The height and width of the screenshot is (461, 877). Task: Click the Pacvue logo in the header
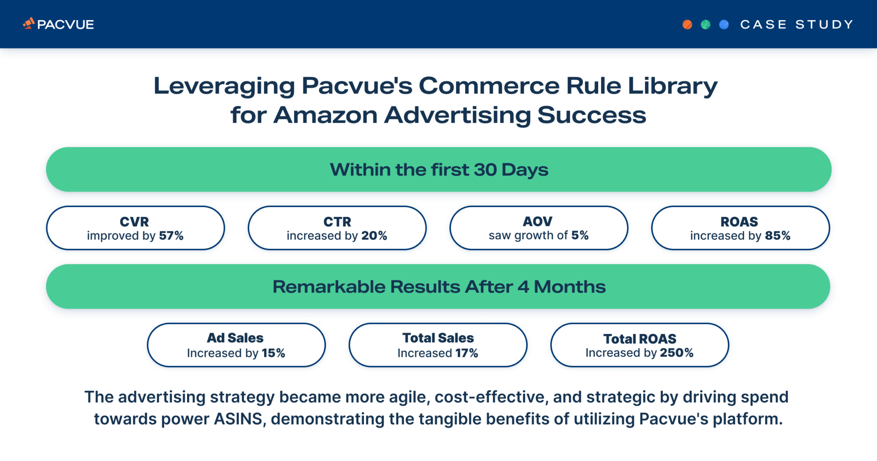click(x=58, y=24)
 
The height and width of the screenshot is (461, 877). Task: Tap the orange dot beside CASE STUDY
click(x=687, y=24)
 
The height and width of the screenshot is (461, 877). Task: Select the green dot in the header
click(x=706, y=24)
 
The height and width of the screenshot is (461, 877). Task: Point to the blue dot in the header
click(x=724, y=24)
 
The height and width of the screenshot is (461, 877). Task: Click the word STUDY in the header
click(x=824, y=24)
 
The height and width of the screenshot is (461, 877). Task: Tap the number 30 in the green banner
click(x=485, y=170)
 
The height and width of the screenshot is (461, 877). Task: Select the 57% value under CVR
click(x=171, y=236)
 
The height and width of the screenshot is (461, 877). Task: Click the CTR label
click(x=337, y=222)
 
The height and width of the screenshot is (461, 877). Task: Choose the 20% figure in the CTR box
click(x=374, y=236)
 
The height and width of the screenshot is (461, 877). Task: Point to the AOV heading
click(x=538, y=221)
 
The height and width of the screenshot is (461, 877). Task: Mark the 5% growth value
click(x=580, y=235)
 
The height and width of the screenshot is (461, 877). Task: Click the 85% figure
click(x=778, y=236)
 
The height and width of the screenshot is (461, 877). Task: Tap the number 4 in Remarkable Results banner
click(x=523, y=287)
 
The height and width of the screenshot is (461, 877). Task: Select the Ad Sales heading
click(x=235, y=338)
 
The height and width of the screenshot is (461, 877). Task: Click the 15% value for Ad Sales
click(x=274, y=353)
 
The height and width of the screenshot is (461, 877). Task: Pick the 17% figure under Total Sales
click(x=467, y=353)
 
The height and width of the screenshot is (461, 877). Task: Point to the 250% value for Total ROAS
click(x=677, y=353)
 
